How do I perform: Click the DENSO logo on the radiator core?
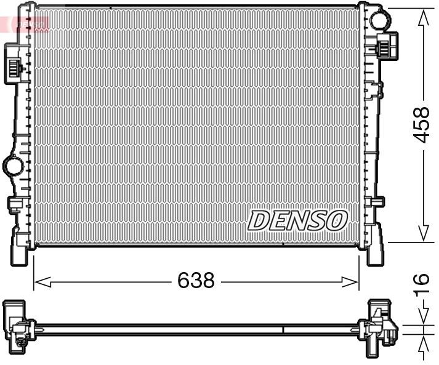pos(298,220)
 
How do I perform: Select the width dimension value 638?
pos(196,281)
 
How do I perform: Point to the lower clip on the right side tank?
pos(377,202)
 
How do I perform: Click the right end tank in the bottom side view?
pos(381,326)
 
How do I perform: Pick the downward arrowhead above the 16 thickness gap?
pos(423,316)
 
